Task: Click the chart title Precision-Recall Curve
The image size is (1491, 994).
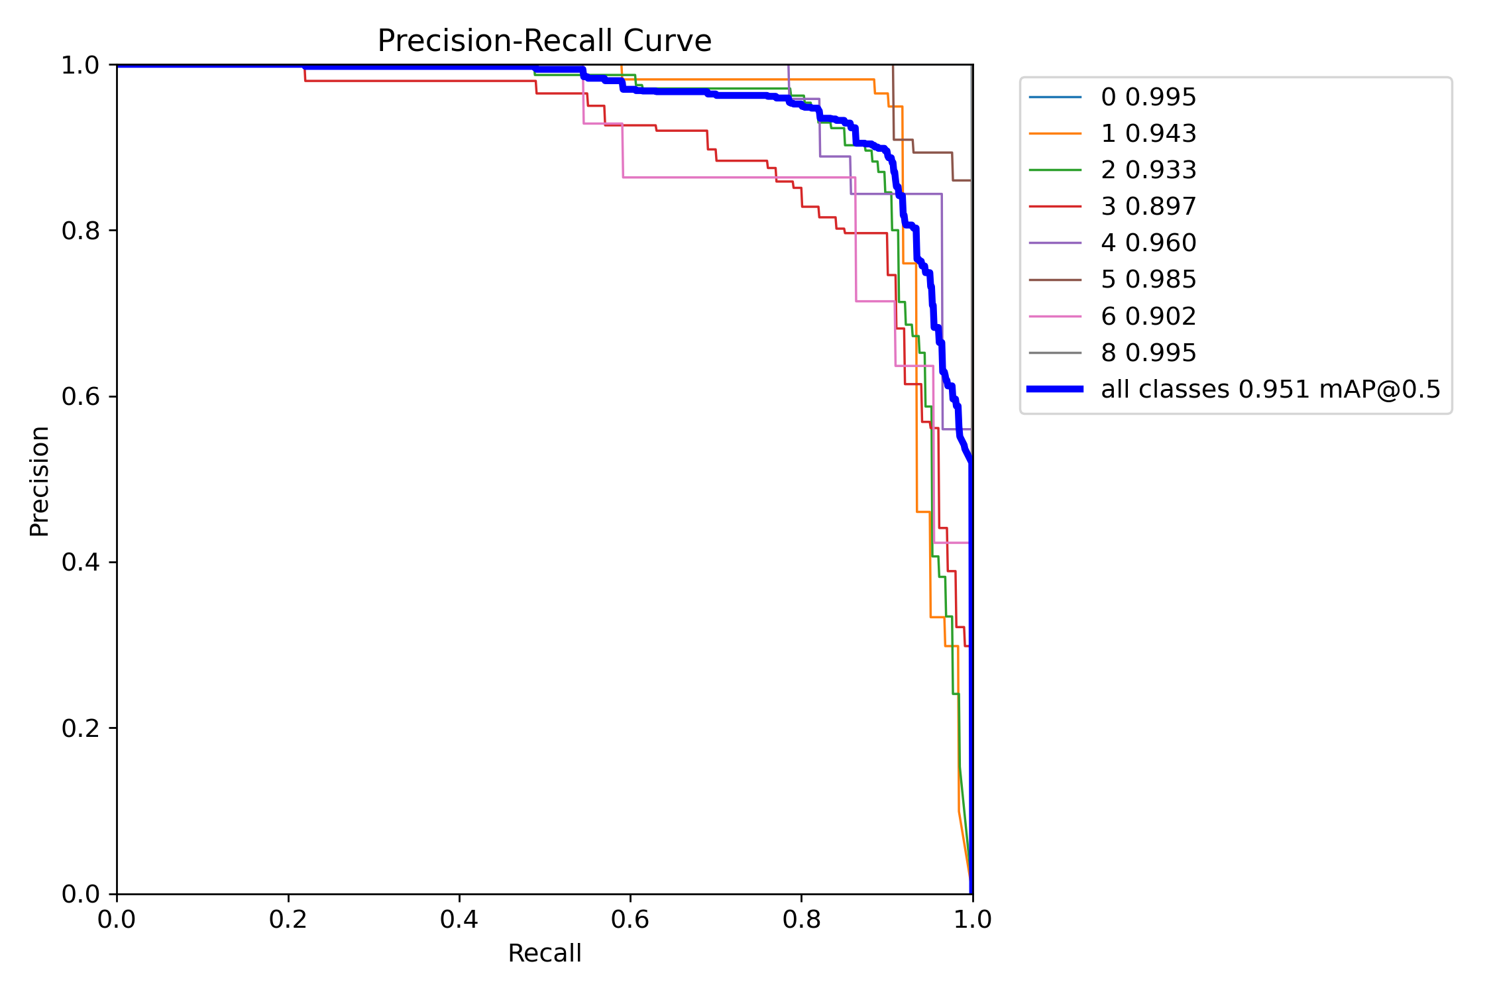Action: (x=544, y=41)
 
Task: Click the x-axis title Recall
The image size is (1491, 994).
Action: (x=544, y=954)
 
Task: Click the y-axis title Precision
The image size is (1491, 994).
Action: (x=39, y=481)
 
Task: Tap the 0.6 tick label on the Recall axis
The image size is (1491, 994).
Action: (x=630, y=920)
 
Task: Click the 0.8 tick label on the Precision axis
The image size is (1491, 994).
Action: (x=80, y=231)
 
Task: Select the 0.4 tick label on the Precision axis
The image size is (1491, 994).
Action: (x=80, y=563)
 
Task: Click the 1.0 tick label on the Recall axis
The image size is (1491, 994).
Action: (x=972, y=920)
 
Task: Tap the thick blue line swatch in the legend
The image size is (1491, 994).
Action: (x=1055, y=390)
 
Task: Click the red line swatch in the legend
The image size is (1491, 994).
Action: (x=1055, y=207)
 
